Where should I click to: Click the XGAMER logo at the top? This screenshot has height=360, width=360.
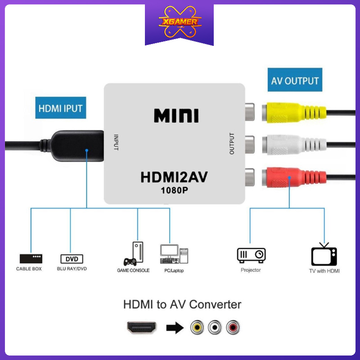click(179, 22)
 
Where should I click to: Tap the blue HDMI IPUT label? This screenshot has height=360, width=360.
click(61, 108)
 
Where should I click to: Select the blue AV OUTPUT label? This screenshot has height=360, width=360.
click(295, 81)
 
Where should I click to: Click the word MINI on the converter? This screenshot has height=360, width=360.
click(176, 116)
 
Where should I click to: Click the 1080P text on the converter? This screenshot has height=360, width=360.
click(175, 190)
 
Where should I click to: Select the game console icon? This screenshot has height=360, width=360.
click(134, 254)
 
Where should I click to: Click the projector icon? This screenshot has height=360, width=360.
click(251, 255)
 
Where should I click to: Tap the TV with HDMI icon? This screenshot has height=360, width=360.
click(324, 255)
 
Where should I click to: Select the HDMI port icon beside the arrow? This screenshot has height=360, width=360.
click(142, 327)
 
